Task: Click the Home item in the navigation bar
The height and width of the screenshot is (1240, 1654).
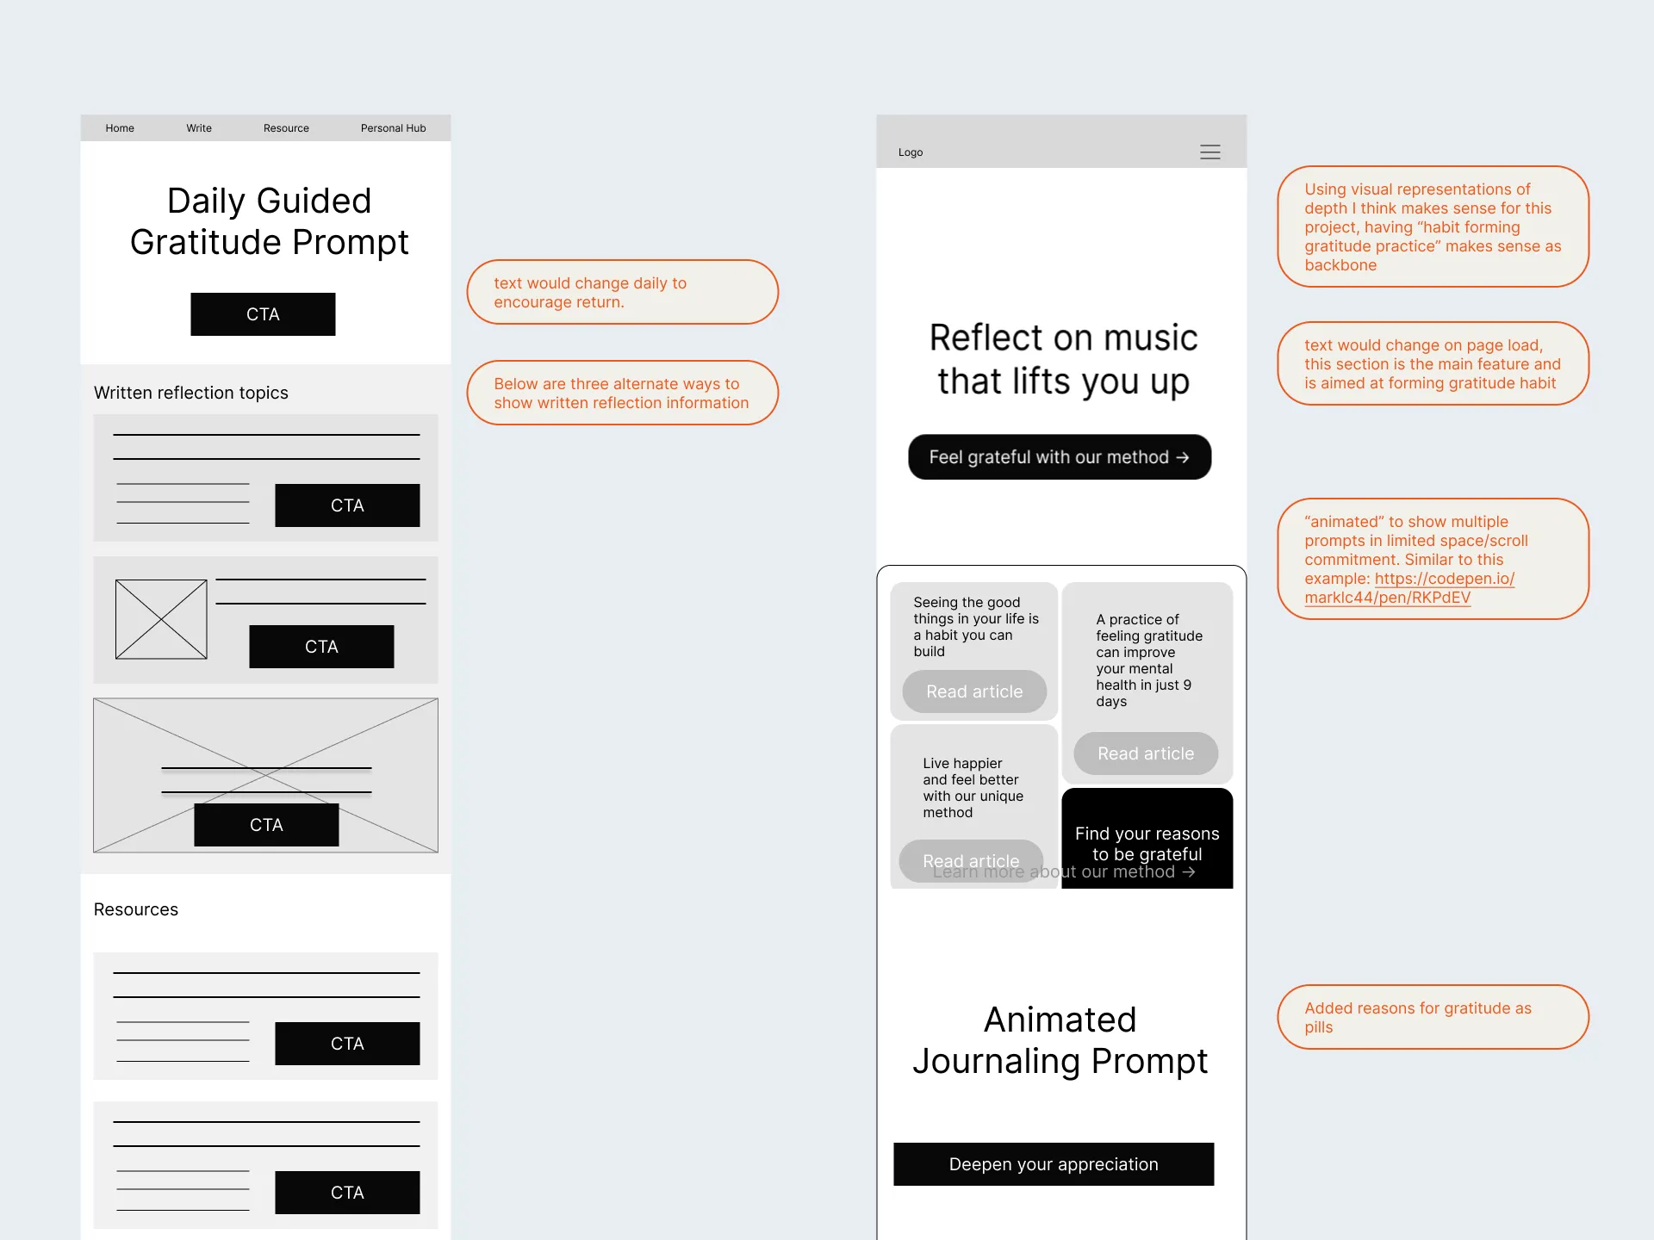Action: pos(120,128)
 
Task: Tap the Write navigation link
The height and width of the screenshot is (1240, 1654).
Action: pos(199,128)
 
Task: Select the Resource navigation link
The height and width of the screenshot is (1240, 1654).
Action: pos(286,128)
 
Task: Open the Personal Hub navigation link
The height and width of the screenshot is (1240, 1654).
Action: pos(393,128)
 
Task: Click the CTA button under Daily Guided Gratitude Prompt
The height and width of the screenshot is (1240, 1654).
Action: pos(263,314)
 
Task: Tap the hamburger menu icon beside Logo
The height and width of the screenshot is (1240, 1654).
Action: pos(1210,152)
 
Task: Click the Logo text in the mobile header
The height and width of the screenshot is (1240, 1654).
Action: pos(911,152)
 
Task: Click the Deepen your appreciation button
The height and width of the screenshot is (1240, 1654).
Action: pos(1054,1164)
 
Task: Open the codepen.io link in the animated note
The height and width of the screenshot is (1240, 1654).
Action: pos(1409,588)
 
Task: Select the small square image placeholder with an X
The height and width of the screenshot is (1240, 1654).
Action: pos(161,619)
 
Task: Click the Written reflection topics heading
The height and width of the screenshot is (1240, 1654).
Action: pos(191,393)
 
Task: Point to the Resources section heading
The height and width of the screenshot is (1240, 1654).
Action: pos(136,909)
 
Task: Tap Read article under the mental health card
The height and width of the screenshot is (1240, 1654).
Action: pos(1146,753)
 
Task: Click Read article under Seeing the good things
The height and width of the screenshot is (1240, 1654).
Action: pos(974,691)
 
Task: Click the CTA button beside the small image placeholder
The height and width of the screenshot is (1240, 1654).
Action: pos(321,647)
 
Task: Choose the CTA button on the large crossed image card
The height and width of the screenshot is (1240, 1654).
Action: pos(266,825)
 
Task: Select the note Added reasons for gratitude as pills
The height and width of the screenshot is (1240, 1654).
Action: pos(1433,1017)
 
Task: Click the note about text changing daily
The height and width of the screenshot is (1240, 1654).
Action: pos(622,292)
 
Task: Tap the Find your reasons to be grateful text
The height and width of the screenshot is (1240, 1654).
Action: pos(1147,844)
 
